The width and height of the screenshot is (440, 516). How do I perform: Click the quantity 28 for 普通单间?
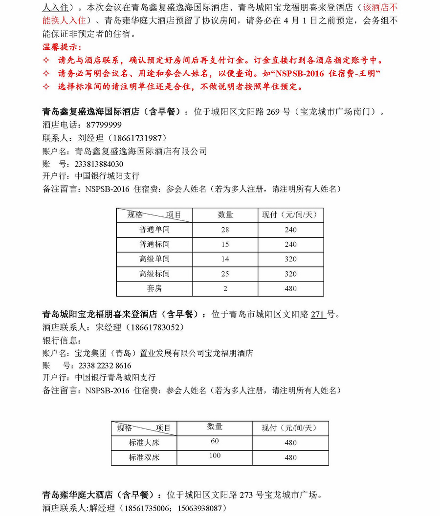coord(225,230)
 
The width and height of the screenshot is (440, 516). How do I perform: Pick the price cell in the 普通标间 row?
coord(290,244)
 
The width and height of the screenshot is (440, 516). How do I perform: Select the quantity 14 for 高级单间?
coord(225,259)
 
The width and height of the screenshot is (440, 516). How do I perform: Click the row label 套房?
coord(154,288)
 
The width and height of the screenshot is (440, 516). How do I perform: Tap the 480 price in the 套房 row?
coord(290,288)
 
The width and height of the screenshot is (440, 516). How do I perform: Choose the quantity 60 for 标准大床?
coord(215,441)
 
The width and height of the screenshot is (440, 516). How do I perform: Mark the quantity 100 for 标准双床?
coord(215,456)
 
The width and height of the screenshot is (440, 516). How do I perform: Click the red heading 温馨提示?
coord(61,48)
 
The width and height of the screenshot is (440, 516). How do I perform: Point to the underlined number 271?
coord(318,314)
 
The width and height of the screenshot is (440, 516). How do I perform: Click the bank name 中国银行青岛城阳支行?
coord(115,378)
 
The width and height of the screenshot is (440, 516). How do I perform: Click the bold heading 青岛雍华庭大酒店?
coord(78,494)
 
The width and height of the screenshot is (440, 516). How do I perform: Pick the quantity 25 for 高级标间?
coord(225,274)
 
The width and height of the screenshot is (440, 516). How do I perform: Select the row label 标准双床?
coord(144,457)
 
